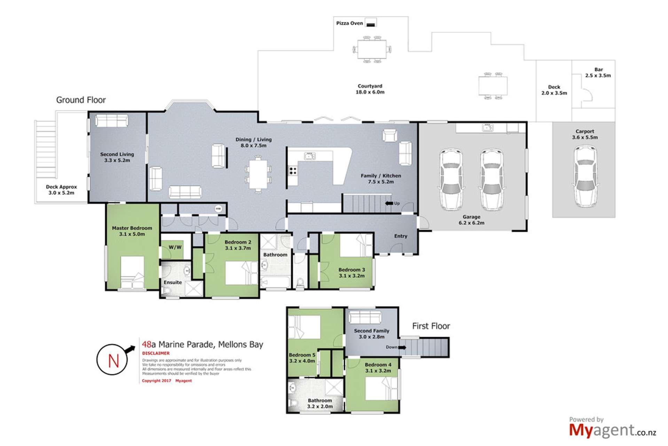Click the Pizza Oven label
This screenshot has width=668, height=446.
[x=349, y=23]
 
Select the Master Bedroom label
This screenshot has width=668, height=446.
[x=132, y=231]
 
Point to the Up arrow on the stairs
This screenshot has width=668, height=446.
[x=389, y=203]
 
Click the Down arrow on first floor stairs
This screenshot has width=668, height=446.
[x=402, y=347]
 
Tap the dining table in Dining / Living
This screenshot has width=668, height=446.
[x=258, y=174]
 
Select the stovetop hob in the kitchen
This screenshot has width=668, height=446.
[x=293, y=171]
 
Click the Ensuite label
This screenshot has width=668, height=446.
[x=173, y=282]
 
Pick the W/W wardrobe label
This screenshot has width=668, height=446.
[x=175, y=247]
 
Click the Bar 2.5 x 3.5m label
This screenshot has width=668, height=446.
[x=598, y=72]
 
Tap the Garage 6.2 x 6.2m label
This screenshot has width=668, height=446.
[x=471, y=220]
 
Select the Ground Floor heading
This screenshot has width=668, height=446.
[x=81, y=100]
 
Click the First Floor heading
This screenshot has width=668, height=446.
[x=431, y=326]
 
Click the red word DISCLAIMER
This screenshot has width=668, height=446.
[x=156, y=353]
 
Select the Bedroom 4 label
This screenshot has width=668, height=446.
[x=378, y=368]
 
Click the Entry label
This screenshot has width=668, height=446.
[x=400, y=236]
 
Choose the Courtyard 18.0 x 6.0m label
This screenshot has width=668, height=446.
[x=370, y=89]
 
